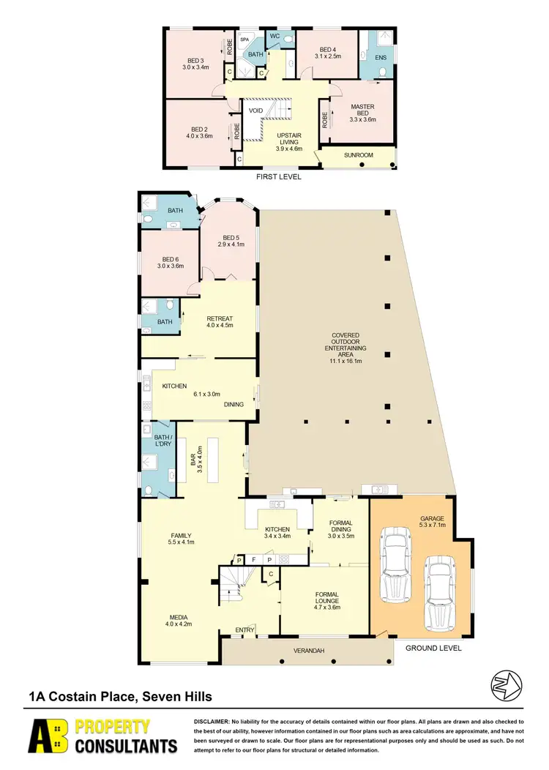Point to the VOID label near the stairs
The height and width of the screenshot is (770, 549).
tap(255, 111)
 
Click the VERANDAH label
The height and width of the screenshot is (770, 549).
tap(308, 650)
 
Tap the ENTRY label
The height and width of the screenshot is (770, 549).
tap(244, 629)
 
